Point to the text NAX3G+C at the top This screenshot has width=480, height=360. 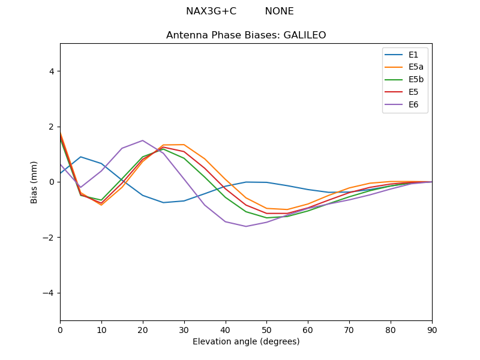211,11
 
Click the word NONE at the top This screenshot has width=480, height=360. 279,11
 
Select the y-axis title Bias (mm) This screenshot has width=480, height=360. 35,182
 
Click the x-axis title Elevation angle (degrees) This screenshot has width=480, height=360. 246,342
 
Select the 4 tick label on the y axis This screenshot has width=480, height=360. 52,71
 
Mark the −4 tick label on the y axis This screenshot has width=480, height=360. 49,293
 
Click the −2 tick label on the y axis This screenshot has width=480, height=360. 49,238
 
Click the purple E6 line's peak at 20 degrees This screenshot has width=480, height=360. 143,140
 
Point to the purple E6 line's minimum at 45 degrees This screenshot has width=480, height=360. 246,226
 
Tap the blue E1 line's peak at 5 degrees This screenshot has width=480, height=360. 81,157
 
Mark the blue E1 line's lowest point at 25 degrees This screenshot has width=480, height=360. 163,202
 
